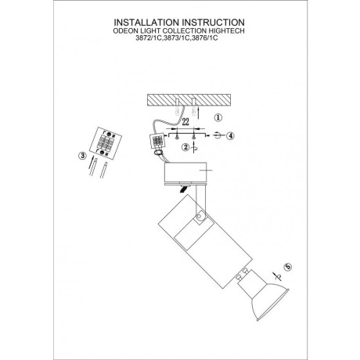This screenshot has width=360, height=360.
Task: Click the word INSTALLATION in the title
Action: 146,22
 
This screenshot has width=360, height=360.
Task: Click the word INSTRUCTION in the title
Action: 213,22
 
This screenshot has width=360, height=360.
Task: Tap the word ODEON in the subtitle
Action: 123,31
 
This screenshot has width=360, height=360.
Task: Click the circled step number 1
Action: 218,117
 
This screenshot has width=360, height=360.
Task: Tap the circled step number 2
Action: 185,147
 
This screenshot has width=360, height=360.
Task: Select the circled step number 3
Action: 82,156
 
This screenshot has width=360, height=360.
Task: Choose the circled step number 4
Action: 230,135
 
